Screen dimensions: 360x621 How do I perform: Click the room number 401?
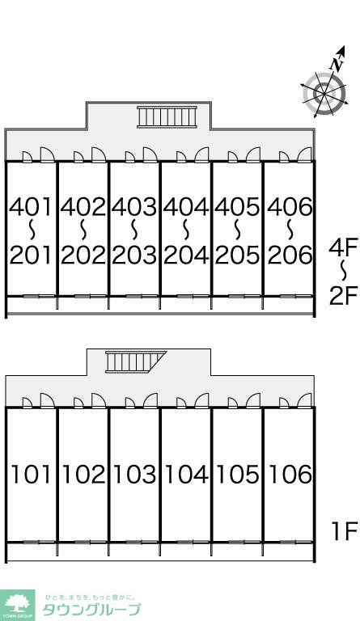[x=31, y=207]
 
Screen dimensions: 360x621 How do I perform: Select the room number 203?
[x=134, y=255]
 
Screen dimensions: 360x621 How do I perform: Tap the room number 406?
[x=290, y=207]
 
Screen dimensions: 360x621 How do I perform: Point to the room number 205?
[x=238, y=255]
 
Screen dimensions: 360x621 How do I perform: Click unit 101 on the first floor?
[x=32, y=474]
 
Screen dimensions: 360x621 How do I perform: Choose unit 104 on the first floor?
[x=186, y=474]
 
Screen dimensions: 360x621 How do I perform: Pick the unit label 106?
[x=290, y=474]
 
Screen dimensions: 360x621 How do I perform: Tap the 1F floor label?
[x=344, y=531]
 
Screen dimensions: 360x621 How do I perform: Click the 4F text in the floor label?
[x=343, y=247]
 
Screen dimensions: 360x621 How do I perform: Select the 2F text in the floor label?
[x=343, y=296]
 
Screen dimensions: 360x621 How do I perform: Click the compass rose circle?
[x=324, y=95]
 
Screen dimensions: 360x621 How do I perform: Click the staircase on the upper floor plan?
[x=167, y=116]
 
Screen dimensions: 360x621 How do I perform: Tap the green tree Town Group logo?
[x=17, y=605]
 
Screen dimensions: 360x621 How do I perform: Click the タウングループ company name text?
[x=91, y=610]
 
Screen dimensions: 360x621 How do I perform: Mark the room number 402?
[x=83, y=207]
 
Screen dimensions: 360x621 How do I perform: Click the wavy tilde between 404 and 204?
[x=186, y=230]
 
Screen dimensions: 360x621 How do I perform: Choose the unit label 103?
[x=134, y=474]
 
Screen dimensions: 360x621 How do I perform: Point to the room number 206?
[x=290, y=255]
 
